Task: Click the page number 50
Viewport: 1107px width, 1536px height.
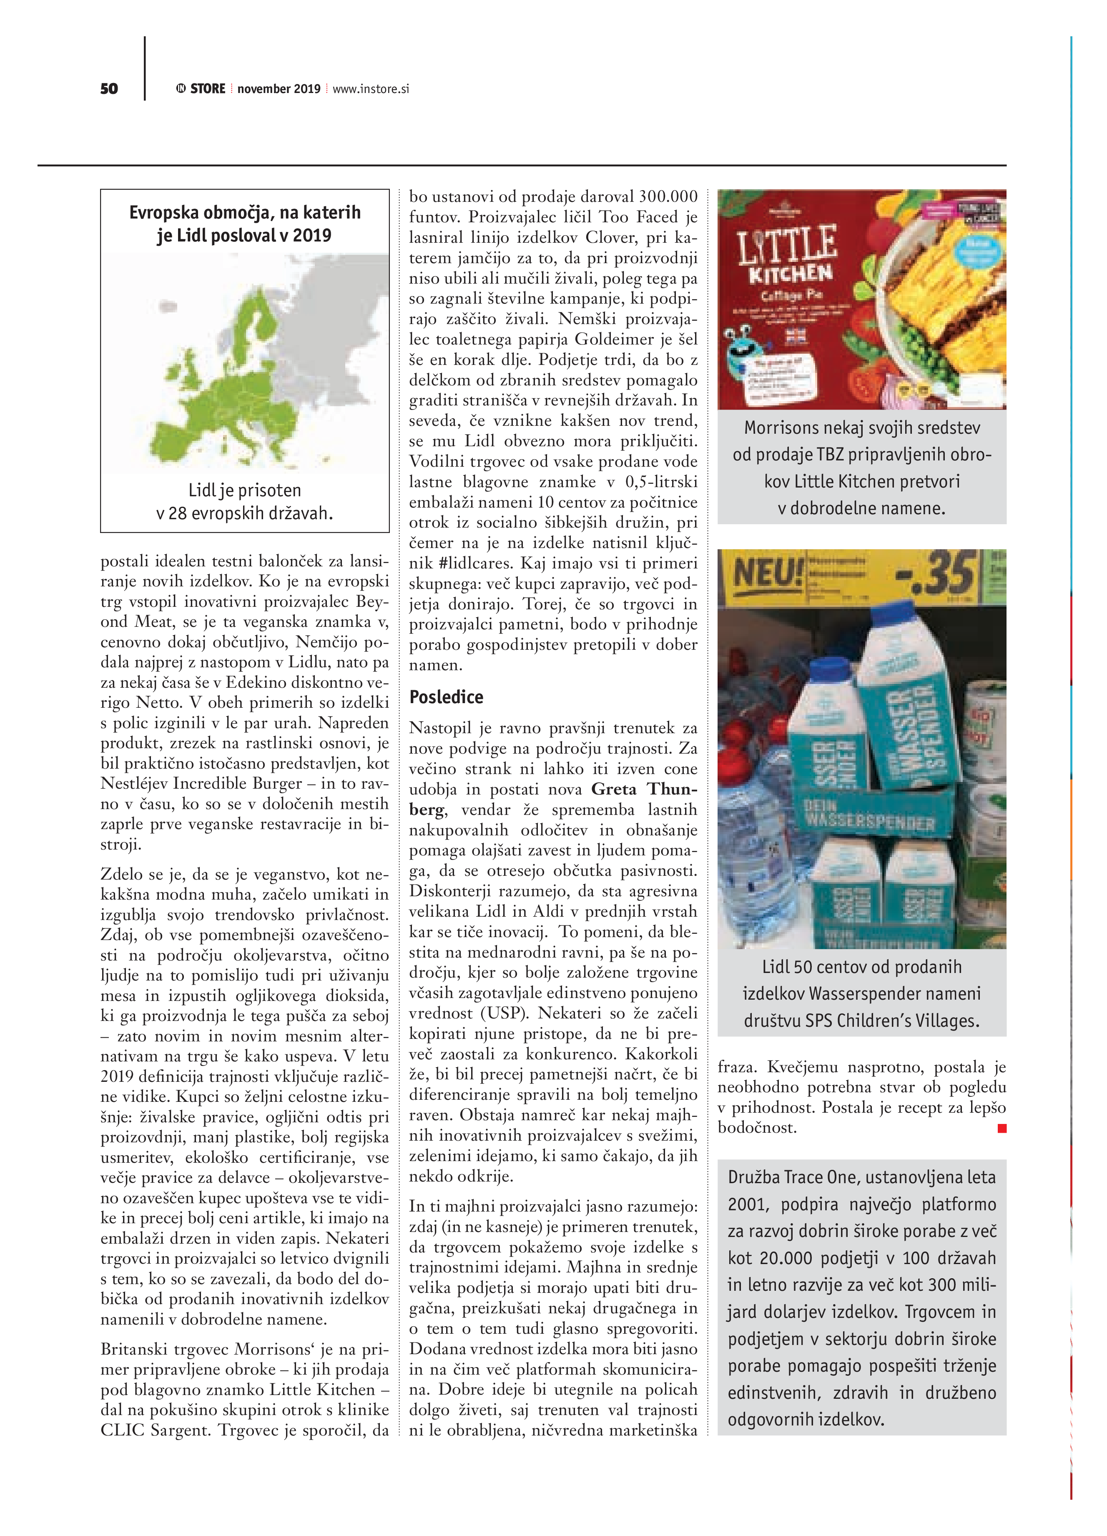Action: pyautogui.click(x=109, y=89)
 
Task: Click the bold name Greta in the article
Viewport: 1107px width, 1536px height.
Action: pyautogui.click(x=613, y=789)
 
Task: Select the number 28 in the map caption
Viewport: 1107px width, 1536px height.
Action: pyautogui.click(x=177, y=513)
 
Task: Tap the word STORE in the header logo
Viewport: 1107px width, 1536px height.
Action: pyautogui.click(x=207, y=89)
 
